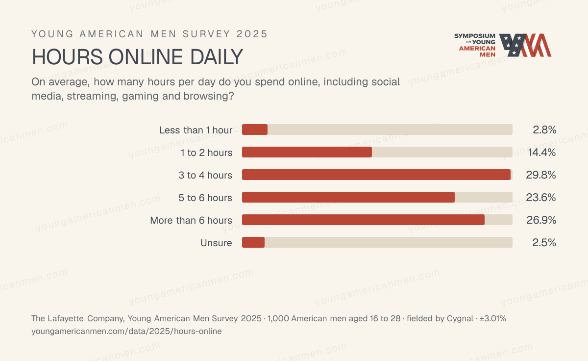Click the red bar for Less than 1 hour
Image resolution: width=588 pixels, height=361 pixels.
255,129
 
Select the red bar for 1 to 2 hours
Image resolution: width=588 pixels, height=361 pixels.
307,152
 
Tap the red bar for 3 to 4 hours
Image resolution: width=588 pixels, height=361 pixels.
376,175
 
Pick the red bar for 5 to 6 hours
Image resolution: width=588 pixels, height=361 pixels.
348,197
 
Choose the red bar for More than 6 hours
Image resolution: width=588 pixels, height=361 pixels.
363,220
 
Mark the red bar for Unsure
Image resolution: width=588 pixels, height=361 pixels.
253,242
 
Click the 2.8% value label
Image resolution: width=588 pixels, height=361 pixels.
544,130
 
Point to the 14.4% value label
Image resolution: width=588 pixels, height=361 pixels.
542,153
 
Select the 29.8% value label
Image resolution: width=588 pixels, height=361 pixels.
541,175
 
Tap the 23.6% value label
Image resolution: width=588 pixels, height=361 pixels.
541,198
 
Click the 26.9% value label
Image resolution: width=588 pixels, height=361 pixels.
541,220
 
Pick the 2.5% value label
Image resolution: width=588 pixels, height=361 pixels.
544,243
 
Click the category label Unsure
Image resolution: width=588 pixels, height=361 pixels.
216,243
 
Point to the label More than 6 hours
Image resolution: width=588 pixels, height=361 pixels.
191,220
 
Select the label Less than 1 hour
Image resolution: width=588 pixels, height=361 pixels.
196,130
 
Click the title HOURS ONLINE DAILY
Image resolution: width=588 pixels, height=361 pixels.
137,57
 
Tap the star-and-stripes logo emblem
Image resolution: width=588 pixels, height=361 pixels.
525,45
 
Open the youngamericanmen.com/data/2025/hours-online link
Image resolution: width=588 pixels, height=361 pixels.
126,331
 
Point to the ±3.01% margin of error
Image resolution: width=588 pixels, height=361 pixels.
493,318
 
